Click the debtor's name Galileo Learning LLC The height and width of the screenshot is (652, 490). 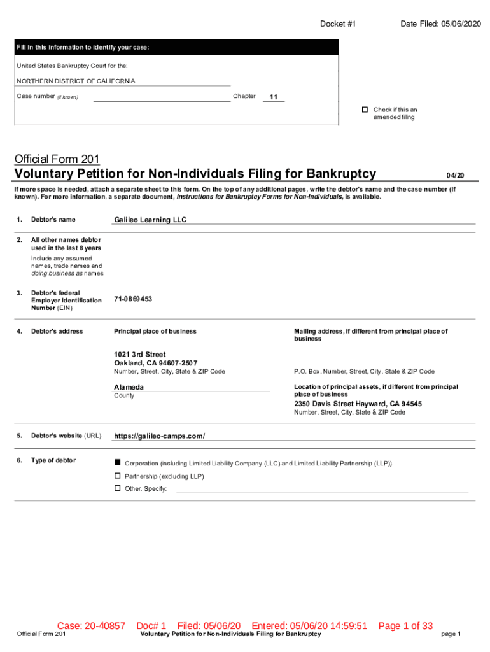(150, 220)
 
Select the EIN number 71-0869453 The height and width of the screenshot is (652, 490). (132, 299)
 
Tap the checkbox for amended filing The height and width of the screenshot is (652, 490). (365, 110)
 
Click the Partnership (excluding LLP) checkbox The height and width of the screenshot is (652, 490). (117, 476)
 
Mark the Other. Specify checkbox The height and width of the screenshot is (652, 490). (117, 488)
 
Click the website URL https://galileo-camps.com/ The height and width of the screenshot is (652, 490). (159, 436)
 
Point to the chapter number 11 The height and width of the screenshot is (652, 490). (274, 97)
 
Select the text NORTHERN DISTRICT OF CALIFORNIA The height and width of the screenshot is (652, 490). (76, 81)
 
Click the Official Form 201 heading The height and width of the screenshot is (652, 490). (57, 159)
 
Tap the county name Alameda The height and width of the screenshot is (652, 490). (129, 387)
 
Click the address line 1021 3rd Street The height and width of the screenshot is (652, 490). (139, 354)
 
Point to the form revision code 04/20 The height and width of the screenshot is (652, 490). (455, 175)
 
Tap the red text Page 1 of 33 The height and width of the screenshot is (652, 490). (405, 626)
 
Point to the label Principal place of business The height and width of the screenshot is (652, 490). (155, 331)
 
